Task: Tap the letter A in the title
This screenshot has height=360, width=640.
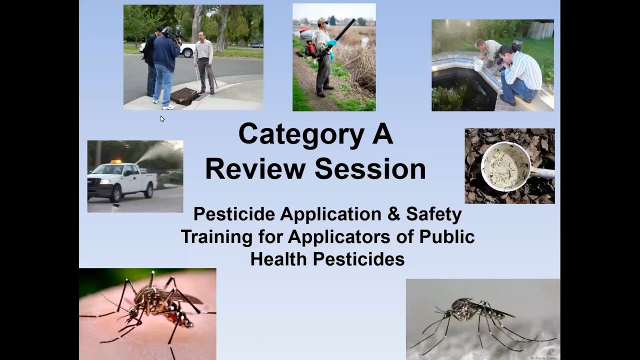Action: [381, 133]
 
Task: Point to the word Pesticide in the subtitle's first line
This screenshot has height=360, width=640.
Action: [234, 214]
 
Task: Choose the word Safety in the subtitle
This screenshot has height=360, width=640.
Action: [433, 214]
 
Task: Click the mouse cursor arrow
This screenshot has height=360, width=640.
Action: [162, 118]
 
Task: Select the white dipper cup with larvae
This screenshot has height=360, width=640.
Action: [505, 166]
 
